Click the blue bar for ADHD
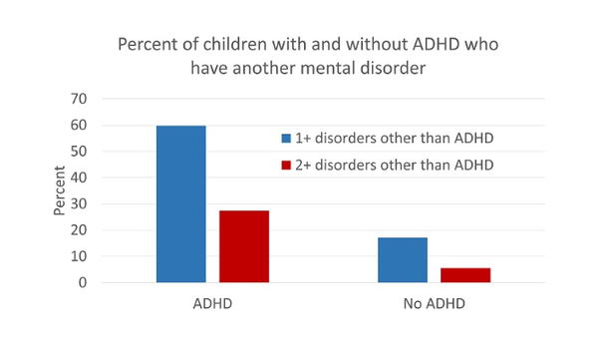pyautogui.click(x=180, y=204)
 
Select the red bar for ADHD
pyautogui.click(x=243, y=246)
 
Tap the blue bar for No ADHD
pyautogui.click(x=402, y=259)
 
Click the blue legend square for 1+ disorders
pyautogui.click(x=286, y=138)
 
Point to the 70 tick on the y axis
pyautogui.click(x=79, y=99)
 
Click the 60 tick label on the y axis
pyautogui.click(x=79, y=125)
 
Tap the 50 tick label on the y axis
pyautogui.click(x=79, y=152)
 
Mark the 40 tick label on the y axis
pyautogui.click(x=79, y=178)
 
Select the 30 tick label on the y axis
pyautogui.click(x=79, y=203)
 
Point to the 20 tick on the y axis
pyautogui.click(x=79, y=230)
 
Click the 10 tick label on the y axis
pyautogui.click(x=79, y=256)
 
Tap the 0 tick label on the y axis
pyautogui.click(x=83, y=282)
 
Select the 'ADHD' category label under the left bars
pyautogui.click(x=212, y=302)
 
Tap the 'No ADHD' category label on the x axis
pyautogui.click(x=435, y=302)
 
